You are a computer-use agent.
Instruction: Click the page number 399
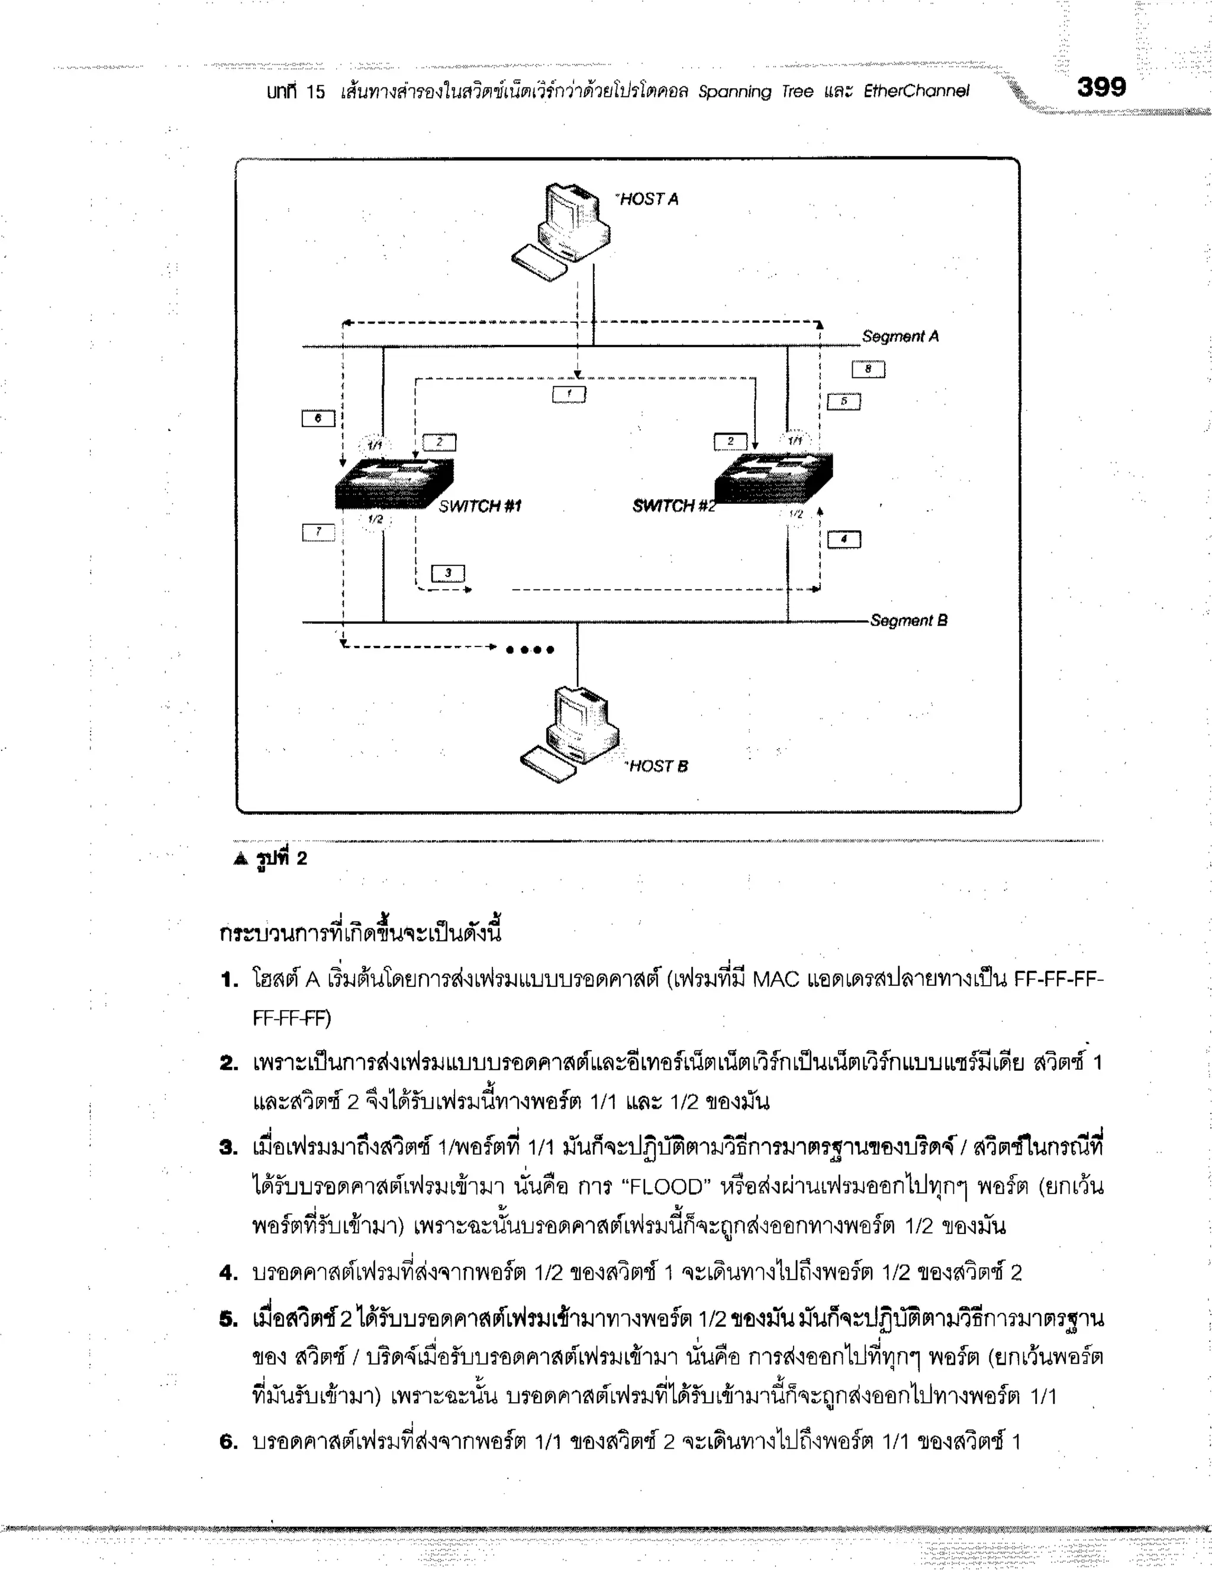1101,88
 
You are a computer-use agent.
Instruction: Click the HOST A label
649,199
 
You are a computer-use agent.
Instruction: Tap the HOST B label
658,766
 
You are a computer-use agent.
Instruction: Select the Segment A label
900,336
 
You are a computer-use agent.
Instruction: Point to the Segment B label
908,620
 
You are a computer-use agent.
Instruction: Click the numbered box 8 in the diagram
868,370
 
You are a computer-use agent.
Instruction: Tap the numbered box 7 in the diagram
318,533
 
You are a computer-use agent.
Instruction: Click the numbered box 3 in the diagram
447,573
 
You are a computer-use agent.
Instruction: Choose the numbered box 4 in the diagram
844,539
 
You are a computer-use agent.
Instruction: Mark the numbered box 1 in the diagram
569,394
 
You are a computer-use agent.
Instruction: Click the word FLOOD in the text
668,1186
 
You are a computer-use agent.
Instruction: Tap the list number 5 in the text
228,1320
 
